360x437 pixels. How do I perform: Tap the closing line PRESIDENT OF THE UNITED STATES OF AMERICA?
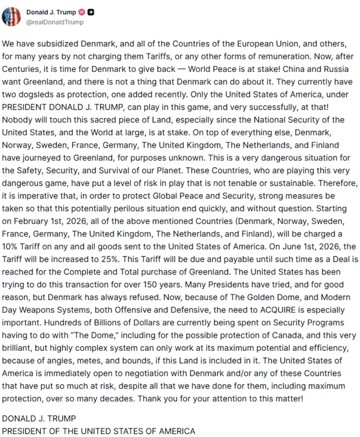(x=99, y=430)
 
